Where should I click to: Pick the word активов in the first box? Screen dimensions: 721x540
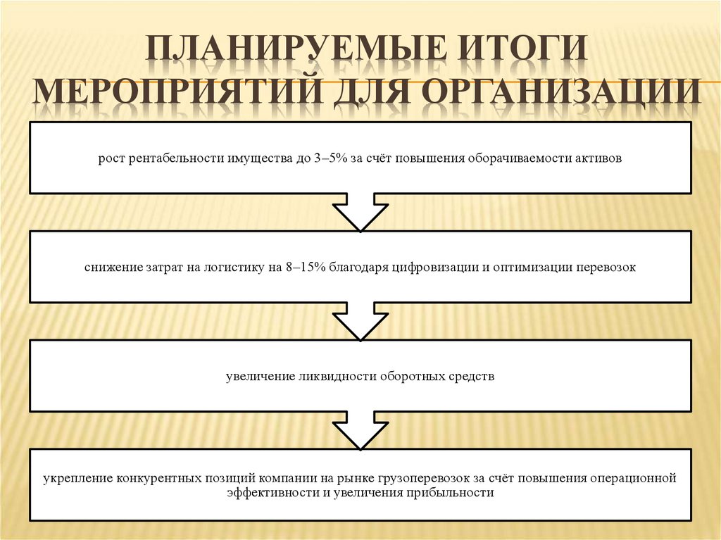(x=598, y=158)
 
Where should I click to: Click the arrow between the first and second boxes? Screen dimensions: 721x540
(x=360, y=212)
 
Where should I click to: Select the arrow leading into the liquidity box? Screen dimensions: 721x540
(x=360, y=321)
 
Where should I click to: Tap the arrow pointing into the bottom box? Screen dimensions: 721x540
(x=360, y=430)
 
